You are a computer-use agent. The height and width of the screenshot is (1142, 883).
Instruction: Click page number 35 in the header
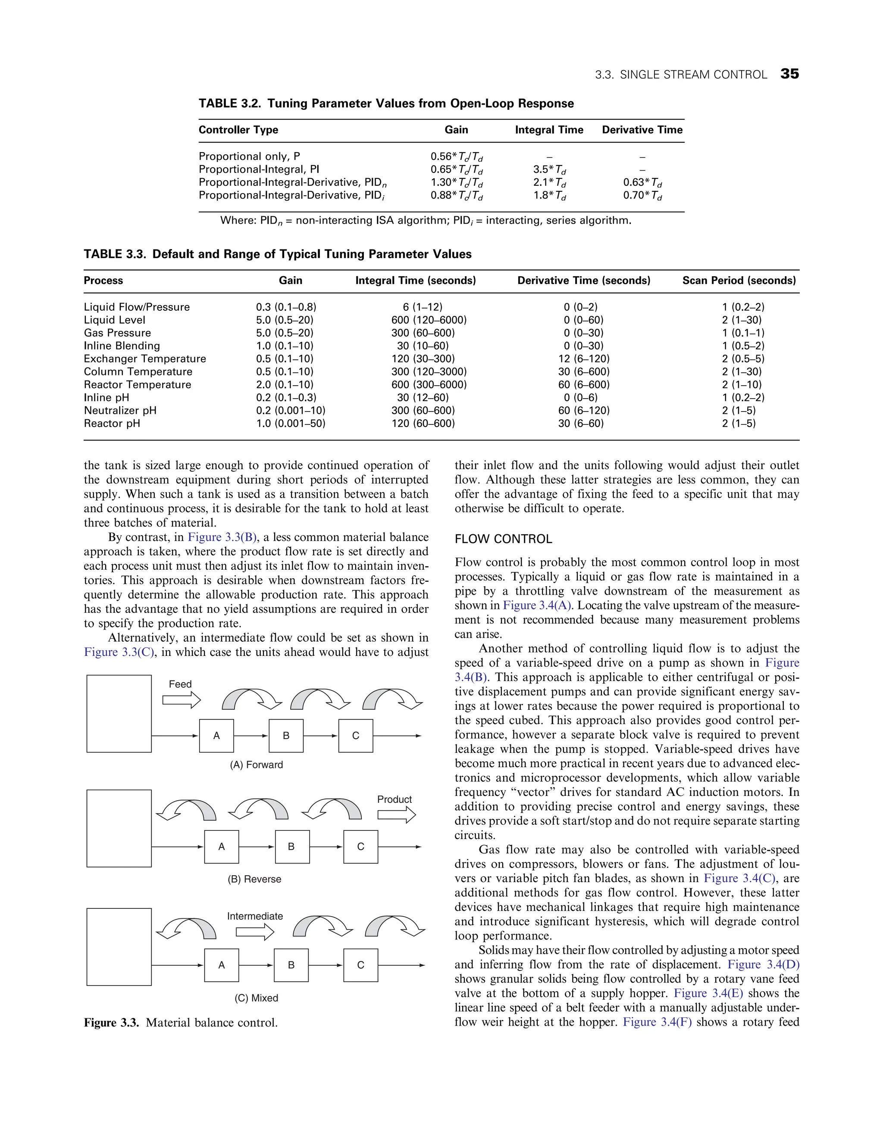(x=789, y=74)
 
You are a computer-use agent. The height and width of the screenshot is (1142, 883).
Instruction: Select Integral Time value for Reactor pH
(x=423, y=424)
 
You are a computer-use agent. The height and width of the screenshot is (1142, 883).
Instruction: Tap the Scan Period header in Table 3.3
(x=739, y=280)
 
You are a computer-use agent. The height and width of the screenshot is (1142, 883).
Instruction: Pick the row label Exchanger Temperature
(x=145, y=359)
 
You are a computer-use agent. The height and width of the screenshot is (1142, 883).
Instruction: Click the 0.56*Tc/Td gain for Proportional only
(x=456, y=157)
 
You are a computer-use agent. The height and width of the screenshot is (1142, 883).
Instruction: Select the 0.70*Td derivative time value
(x=642, y=196)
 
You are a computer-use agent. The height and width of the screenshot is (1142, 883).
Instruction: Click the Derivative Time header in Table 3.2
(x=642, y=130)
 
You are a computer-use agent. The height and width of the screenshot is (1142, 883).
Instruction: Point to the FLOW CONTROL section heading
(x=503, y=539)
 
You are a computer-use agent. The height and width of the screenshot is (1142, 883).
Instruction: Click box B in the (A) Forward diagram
(x=286, y=736)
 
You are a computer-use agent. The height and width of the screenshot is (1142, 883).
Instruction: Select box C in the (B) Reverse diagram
(x=360, y=846)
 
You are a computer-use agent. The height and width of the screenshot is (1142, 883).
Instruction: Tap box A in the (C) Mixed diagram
(x=221, y=965)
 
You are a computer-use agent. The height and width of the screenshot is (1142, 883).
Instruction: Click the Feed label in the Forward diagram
(x=180, y=684)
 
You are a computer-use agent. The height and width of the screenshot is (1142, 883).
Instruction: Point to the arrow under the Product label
(x=396, y=814)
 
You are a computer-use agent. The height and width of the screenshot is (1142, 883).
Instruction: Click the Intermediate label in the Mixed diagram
(x=255, y=916)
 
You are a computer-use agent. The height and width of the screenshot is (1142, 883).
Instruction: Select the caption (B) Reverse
(x=254, y=879)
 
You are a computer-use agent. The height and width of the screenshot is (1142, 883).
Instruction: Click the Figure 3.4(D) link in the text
(x=763, y=964)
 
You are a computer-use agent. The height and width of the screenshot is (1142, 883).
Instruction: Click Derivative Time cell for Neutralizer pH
(x=583, y=410)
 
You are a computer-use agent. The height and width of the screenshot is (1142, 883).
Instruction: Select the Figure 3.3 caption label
(x=111, y=1022)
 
